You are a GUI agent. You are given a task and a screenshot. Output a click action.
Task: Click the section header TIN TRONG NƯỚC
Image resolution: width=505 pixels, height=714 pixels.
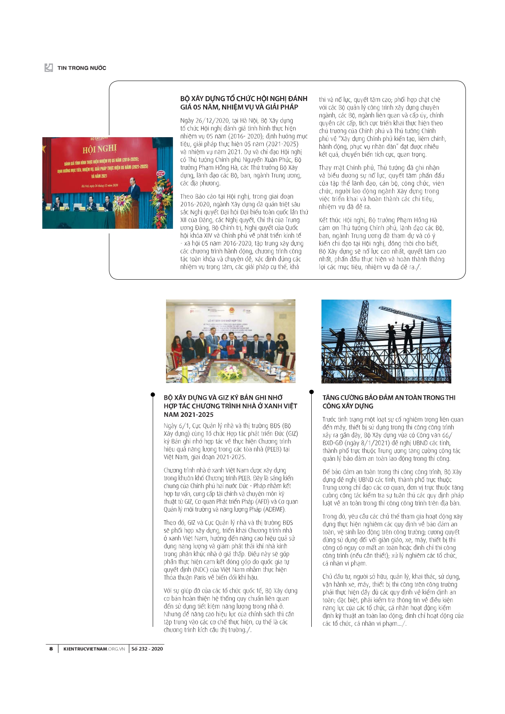point(82,68)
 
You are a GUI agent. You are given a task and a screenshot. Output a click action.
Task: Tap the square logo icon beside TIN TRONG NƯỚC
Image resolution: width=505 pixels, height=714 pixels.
point(49,68)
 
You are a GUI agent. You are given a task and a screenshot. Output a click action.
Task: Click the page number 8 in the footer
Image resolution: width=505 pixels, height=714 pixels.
point(51,649)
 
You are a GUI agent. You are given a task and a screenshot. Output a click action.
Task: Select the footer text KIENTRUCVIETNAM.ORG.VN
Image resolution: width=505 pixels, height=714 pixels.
point(94,649)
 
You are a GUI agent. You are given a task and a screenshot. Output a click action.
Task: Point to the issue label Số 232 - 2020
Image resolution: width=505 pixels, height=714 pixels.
point(147,649)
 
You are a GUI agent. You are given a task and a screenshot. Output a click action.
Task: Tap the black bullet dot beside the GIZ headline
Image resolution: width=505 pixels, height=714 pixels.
point(153,394)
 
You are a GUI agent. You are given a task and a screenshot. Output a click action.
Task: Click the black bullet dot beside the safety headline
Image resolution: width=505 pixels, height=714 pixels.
point(312,392)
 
